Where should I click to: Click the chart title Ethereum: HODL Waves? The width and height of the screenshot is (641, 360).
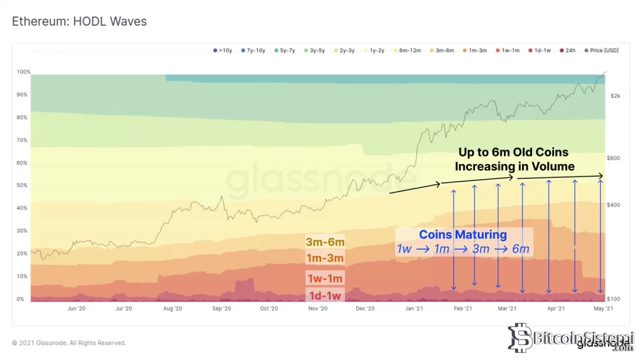(79, 21)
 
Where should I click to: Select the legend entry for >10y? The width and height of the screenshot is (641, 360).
(223, 50)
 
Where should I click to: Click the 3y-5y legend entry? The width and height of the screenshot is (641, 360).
(314, 50)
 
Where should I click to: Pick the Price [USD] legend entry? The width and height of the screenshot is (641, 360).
(602, 50)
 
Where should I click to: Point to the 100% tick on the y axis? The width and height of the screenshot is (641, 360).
(23, 72)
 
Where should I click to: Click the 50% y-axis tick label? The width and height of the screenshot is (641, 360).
(22, 185)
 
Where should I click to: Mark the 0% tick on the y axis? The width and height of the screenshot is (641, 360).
(21, 299)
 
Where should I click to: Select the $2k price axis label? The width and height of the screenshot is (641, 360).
(615, 96)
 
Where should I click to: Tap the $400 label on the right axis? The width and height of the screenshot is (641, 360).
(614, 205)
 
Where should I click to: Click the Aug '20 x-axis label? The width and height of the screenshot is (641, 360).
(172, 308)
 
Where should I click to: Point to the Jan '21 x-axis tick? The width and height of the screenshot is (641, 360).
(413, 308)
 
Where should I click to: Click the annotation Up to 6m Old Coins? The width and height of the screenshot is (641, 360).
(515, 152)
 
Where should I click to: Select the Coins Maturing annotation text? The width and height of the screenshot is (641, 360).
(463, 235)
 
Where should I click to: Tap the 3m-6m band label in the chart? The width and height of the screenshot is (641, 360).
(325, 242)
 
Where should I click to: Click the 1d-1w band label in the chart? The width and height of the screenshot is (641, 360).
(325, 296)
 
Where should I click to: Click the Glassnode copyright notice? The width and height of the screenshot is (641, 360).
(69, 343)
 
